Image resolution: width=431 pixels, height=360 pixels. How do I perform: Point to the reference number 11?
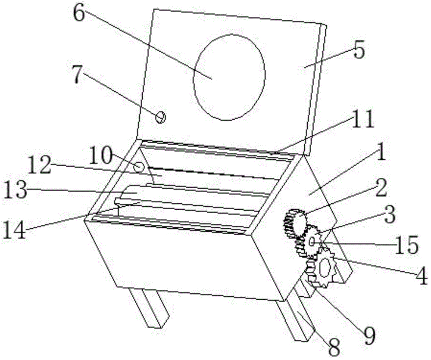pyautogui.click(x=363, y=118)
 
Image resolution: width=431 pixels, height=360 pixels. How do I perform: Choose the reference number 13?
pyautogui.click(x=16, y=190)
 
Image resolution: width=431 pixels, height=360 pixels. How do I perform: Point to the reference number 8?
pyautogui.click(x=334, y=347)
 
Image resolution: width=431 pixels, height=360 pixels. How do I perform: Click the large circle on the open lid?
pyautogui.click(x=229, y=77)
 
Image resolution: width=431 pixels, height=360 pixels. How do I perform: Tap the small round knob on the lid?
pyautogui.click(x=160, y=118)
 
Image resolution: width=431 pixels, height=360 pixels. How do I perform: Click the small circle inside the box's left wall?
pyautogui.click(x=139, y=167)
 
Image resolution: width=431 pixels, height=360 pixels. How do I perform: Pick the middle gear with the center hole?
pyautogui.click(x=309, y=242)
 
